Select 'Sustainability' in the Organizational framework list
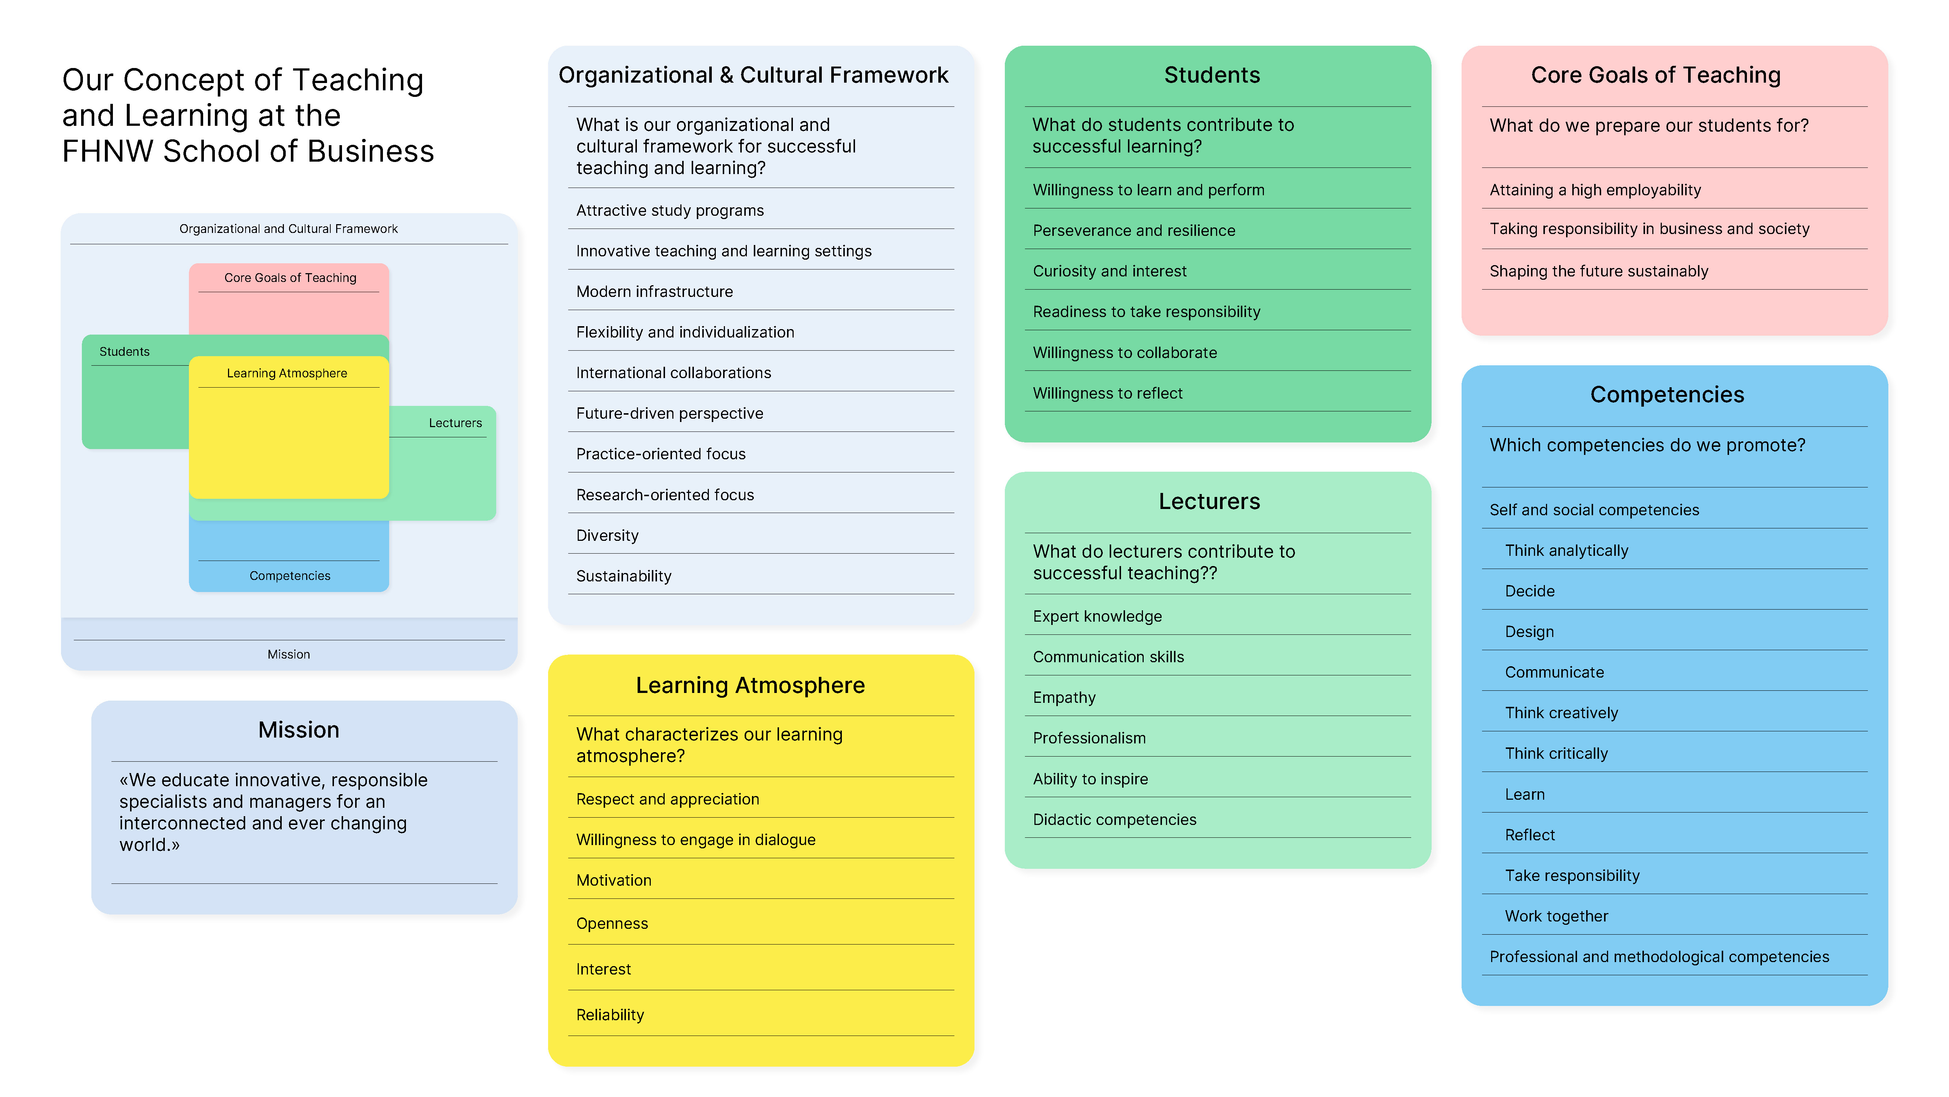(623, 576)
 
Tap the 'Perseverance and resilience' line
(1133, 231)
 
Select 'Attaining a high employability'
(1595, 190)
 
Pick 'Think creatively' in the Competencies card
(1561, 713)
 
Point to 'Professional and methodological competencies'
(1659, 957)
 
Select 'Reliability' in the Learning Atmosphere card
(610, 1015)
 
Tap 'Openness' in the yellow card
(611, 924)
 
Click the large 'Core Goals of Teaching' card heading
(1656, 75)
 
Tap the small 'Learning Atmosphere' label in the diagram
(287, 373)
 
